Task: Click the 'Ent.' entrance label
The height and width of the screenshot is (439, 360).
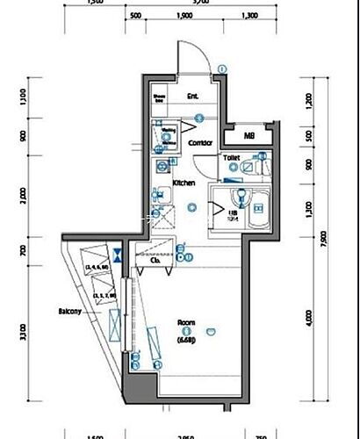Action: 191,97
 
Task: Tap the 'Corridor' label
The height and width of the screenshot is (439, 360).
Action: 201,142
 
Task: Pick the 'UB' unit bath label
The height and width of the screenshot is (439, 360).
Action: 234,213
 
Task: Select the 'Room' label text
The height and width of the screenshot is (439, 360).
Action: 186,322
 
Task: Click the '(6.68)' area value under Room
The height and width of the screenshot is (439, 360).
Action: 186,339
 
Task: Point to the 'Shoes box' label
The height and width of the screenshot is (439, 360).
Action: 160,98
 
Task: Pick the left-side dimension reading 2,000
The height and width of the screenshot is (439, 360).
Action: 22,193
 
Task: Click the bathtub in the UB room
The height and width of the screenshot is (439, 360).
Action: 256,207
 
